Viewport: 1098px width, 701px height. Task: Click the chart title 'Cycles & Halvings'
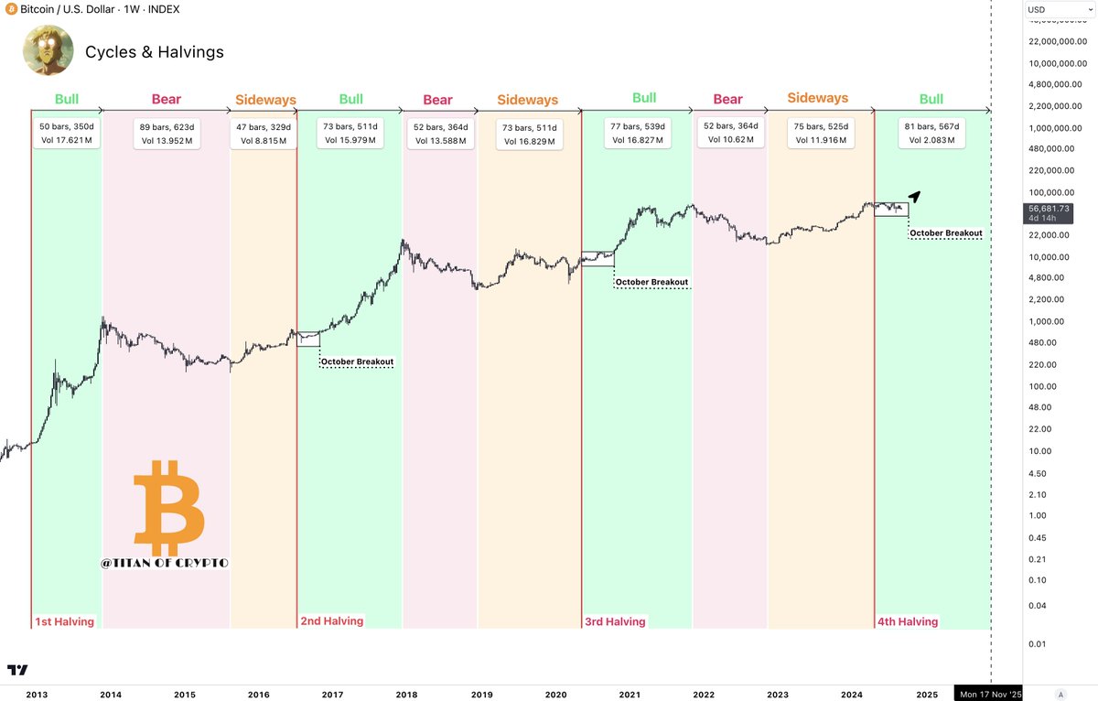(154, 52)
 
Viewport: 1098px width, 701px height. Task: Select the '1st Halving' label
(64, 622)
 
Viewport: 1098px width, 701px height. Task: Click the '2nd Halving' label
(332, 621)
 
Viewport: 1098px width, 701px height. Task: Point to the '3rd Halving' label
(615, 622)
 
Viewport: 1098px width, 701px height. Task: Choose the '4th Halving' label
(908, 622)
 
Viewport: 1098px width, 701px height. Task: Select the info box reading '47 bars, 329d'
(264, 134)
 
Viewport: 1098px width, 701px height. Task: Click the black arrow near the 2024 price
(914, 196)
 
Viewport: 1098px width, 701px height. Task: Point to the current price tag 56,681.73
(1049, 209)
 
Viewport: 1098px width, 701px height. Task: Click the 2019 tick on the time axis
(482, 695)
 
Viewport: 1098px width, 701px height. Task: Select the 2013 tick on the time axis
(37, 695)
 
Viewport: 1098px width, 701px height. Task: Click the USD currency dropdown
(1059, 10)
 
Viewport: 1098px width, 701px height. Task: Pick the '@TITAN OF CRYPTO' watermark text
(165, 563)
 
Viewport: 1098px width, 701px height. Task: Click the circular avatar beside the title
(48, 50)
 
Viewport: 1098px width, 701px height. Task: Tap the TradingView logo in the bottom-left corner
(16, 670)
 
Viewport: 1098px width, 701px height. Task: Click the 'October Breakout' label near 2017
(357, 362)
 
